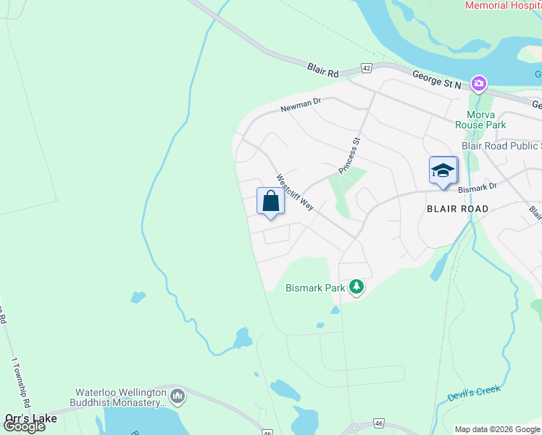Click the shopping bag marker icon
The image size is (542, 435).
point(270,201)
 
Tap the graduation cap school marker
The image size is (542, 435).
point(443,170)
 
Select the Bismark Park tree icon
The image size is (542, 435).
point(356,287)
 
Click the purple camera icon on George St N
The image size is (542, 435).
point(478,84)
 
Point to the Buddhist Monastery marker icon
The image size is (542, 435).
point(178,397)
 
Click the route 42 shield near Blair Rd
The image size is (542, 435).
point(367,68)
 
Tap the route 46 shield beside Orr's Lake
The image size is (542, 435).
point(267,432)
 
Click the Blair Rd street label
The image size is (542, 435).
point(323,70)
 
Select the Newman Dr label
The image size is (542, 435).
point(301,106)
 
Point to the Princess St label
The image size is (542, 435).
point(350,156)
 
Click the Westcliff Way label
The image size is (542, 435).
point(294,192)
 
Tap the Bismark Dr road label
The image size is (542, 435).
point(478,187)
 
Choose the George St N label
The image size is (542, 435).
point(437,80)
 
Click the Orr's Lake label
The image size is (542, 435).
point(30,418)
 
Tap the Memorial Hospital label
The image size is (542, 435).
point(503,5)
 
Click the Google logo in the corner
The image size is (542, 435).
point(24,426)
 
